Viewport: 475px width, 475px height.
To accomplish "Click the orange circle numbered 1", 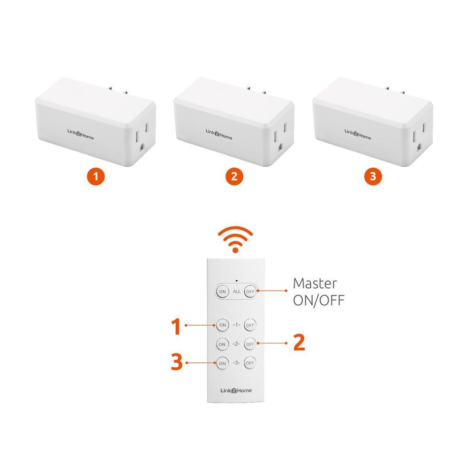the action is [96, 176].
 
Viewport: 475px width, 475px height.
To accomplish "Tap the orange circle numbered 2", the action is [234, 176].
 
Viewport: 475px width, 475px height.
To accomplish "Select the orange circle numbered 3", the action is [373, 176].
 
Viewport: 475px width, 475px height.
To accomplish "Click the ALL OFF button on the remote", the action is [250, 292].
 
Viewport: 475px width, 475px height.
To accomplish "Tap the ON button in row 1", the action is [223, 325].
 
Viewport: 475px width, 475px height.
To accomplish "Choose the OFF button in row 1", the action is [250, 325].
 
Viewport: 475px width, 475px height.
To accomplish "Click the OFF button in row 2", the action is [250, 344].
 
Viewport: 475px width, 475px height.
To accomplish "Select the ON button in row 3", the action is [222, 363].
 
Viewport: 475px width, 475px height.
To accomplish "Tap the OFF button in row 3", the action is [250, 363].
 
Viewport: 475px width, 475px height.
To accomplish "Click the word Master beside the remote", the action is [315, 284].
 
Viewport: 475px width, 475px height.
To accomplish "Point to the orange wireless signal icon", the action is [236, 239].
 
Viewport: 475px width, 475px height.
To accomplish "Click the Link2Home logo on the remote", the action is [236, 390].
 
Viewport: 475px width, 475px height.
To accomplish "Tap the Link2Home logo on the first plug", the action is [81, 134].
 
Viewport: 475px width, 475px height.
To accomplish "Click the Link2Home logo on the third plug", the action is [358, 134].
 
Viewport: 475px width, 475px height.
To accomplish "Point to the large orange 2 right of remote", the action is [299, 342].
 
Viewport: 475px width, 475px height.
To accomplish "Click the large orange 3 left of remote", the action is [177, 362].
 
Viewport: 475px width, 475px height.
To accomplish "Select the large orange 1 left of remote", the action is [176, 327].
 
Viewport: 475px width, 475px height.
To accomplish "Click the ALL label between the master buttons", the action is [237, 292].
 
